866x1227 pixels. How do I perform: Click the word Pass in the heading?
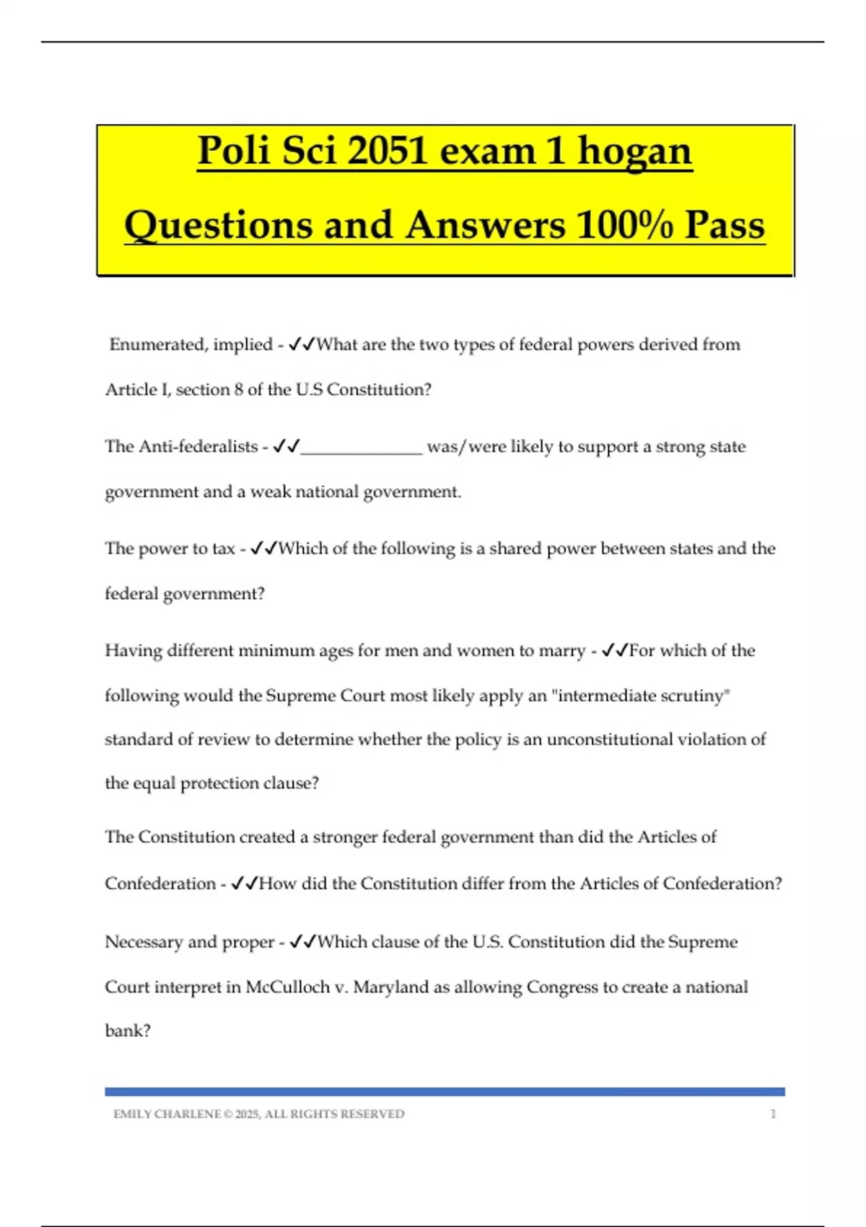tap(725, 225)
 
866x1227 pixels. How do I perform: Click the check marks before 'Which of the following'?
tap(263, 549)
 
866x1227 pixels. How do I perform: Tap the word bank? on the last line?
tap(128, 1031)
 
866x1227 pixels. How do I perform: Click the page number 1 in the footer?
tap(773, 1114)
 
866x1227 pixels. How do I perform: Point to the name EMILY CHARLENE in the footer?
tap(167, 1114)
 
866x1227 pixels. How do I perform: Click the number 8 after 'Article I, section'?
tap(238, 390)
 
